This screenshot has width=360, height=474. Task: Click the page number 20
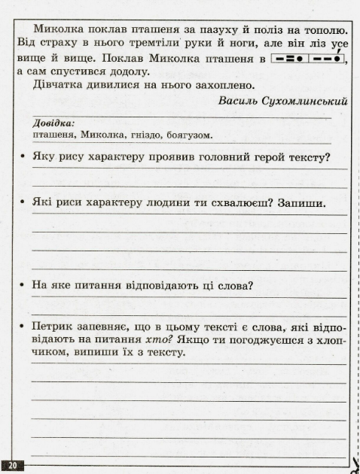[x=14, y=466]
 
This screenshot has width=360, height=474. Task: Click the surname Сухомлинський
[x=310, y=101]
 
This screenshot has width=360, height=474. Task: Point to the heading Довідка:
[x=53, y=123]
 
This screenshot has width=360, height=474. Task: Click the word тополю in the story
[x=322, y=29]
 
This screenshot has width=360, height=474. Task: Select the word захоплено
[x=227, y=85]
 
